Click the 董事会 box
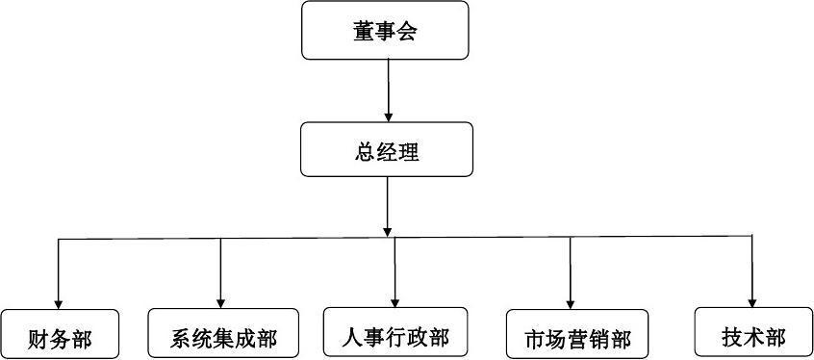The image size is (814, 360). pyautogui.click(x=386, y=31)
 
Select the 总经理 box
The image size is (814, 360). pyautogui.click(x=386, y=150)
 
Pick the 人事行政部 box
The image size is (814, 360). pyautogui.click(x=395, y=336)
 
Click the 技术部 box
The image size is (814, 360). pyautogui.click(x=751, y=336)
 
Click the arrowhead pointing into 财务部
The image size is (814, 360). pyautogui.click(x=59, y=303)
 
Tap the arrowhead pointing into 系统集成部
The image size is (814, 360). pyautogui.click(x=221, y=303)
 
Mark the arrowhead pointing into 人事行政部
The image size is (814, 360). pyautogui.click(x=395, y=301)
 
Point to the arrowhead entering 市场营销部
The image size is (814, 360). pyautogui.click(x=571, y=303)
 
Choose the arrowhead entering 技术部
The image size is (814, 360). pyautogui.click(x=751, y=300)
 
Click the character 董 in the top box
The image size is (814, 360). pyautogui.click(x=364, y=32)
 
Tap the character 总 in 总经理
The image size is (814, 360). pyautogui.click(x=364, y=151)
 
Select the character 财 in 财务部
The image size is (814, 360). pyautogui.click(x=39, y=340)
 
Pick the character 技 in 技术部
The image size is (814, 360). pyautogui.click(x=731, y=337)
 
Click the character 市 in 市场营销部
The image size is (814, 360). pyautogui.click(x=535, y=340)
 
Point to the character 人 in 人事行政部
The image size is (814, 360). pyautogui.click(x=352, y=337)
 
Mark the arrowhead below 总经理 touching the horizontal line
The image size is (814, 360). pyautogui.click(x=387, y=231)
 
